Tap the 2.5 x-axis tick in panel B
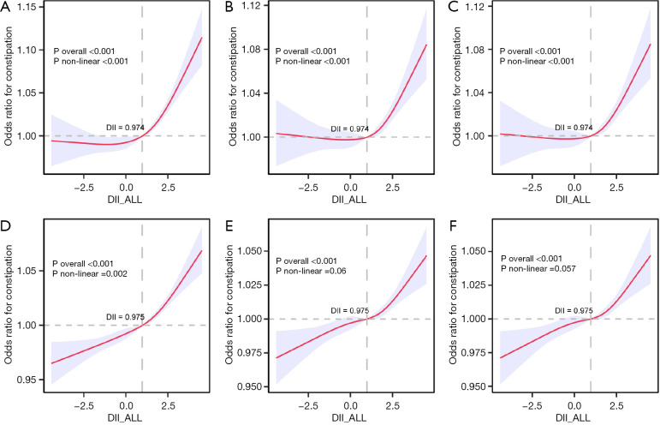(x=392, y=184)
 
